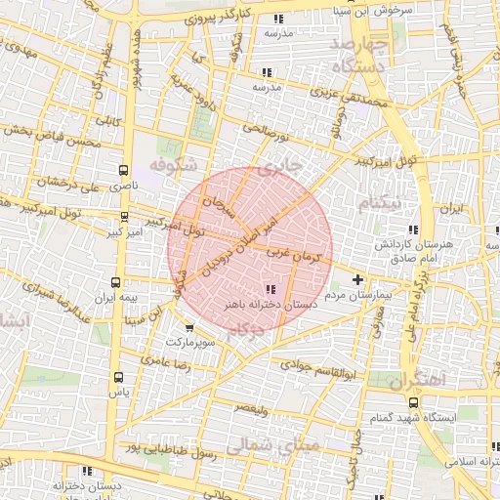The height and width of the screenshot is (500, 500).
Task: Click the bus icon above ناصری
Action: pos(123,169)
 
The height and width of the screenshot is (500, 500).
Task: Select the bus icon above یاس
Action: pos(119,377)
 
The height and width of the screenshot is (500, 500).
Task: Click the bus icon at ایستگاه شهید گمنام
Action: pos(413,402)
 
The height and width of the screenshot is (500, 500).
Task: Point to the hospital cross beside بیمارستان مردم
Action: pos(357,280)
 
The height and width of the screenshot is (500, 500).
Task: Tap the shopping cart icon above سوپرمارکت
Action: pos(188,329)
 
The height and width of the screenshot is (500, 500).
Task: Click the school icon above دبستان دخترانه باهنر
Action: pos(270,288)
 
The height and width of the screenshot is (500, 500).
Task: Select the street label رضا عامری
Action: pos(162,360)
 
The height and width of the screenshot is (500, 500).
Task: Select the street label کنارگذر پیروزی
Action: pos(207,17)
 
